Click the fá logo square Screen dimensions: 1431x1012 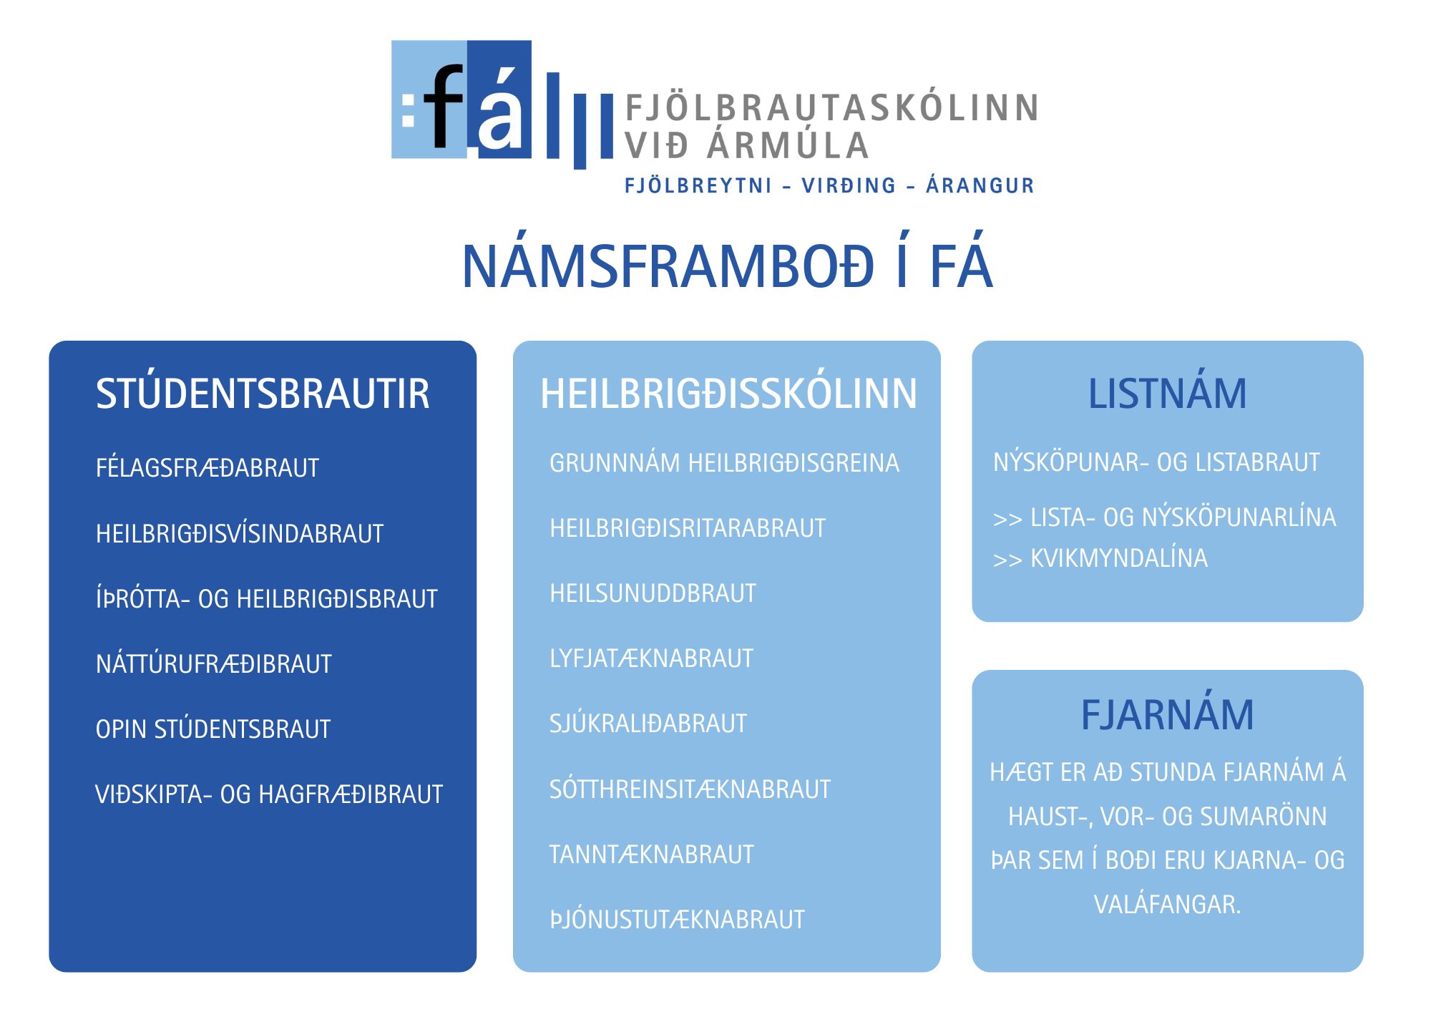pyautogui.click(x=461, y=99)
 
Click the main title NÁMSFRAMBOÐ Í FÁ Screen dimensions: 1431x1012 pyautogui.click(x=728, y=266)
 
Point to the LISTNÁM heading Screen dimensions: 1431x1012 pyautogui.click(x=1167, y=393)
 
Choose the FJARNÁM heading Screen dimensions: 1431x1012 pyautogui.click(x=1167, y=714)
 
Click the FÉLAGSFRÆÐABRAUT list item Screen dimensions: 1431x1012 pyautogui.click(x=207, y=467)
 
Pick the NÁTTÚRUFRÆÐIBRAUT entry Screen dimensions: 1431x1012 pyautogui.click(x=214, y=663)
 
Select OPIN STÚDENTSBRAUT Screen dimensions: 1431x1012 pyautogui.click(x=213, y=729)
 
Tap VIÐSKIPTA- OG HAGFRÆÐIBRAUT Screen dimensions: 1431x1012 pyautogui.click(x=269, y=794)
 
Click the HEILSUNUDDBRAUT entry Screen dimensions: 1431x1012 pyautogui.click(x=653, y=593)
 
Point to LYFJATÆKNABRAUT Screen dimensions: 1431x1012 pyautogui.click(x=651, y=658)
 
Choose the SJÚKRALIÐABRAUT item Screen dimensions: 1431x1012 pyautogui.click(x=648, y=723)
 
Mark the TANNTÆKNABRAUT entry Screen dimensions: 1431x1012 pyautogui.click(x=652, y=854)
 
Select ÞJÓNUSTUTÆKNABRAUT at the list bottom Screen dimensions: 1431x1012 pyautogui.click(x=677, y=919)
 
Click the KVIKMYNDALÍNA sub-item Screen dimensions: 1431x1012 pyautogui.click(x=1119, y=558)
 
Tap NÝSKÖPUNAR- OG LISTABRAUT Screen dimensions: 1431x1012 pyautogui.click(x=1156, y=462)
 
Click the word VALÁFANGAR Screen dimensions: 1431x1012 pyautogui.click(x=1167, y=904)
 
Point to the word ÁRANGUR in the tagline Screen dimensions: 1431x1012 pyautogui.click(x=980, y=185)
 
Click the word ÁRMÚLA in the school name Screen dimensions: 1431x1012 pyautogui.click(x=788, y=145)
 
